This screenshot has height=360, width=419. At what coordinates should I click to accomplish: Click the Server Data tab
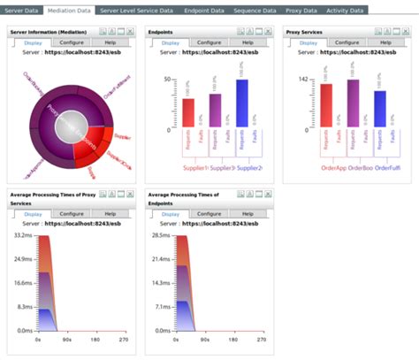click(x=20, y=10)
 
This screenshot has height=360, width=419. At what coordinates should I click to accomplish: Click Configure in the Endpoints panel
click(x=209, y=42)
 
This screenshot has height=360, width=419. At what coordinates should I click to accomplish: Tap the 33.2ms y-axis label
click(x=23, y=236)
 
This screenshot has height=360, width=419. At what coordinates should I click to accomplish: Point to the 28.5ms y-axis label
click(x=161, y=236)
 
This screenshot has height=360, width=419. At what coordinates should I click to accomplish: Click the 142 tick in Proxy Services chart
click(x=301, y=79)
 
